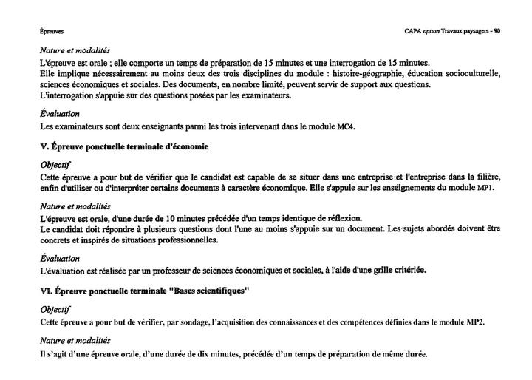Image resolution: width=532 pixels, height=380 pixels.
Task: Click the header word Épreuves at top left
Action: (52, 32)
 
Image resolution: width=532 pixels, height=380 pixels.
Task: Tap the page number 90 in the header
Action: (497, 31)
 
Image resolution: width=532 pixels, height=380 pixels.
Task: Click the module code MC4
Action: (346, 126)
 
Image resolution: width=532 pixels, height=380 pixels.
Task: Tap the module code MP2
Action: (475, 322)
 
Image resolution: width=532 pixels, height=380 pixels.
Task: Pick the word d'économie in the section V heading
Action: (185, 146)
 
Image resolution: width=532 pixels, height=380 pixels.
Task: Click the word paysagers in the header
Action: (473, 31)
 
